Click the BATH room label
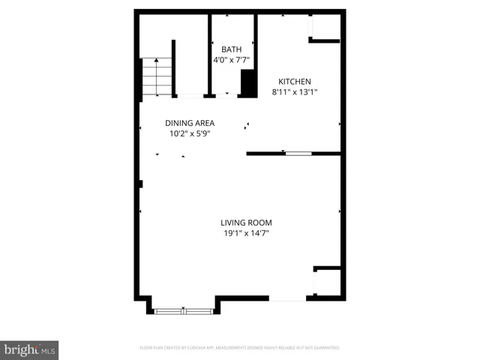pos(231,49)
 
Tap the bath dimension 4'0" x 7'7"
pos(231,61)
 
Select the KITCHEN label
pos(295,82)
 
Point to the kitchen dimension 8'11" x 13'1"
pos(295,93)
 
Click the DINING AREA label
pos(190,123)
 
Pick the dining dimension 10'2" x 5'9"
pos(190,134)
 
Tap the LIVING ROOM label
pos(246,223)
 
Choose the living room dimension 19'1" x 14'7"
pos(246,234)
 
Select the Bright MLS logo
pos(28,349)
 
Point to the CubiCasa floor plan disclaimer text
pos(240,348)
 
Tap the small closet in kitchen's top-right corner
pos(325,29)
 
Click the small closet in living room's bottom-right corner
pos(327,282)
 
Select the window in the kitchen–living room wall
pos(297,154)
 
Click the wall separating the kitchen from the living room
pos(266,154)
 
